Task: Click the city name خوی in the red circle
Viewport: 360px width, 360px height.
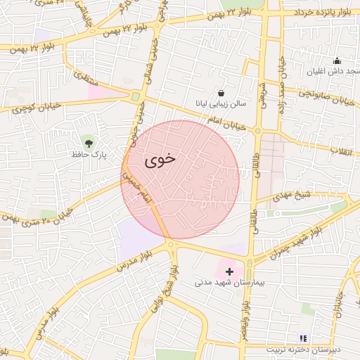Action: pyautogui.click(x=160, y=160)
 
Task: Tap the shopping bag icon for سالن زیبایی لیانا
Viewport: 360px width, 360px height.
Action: pyautogui.click(x=221, y=92)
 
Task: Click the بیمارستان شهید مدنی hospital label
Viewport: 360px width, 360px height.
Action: pyautogui.click(x=229, y=282)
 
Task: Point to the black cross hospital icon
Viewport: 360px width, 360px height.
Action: pyautogui.click(x=229, y=271)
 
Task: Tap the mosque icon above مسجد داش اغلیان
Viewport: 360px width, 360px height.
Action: pyautogui.click(x=337, y=60)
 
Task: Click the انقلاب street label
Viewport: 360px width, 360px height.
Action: pyautogui.click(x=345, y=150)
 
